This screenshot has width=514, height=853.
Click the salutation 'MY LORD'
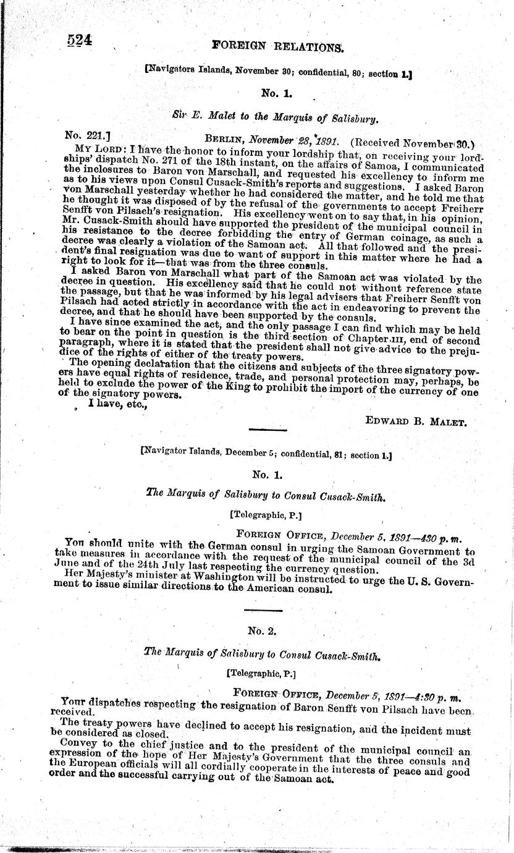pyautogui.click(x=93, y=149)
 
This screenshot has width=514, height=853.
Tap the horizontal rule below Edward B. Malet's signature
pyautogui.click(x=267, y=429)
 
